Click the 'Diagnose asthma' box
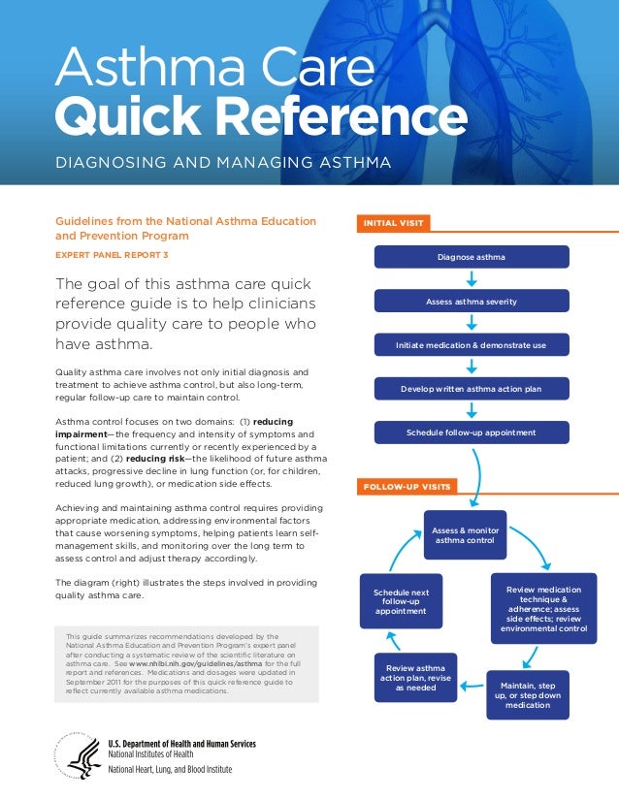pyautogui.click(x=471, y=257)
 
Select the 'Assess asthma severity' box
pyautogui.click(x=471, y=302)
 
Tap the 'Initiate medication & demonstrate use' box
pyautogui.click(x=471, y=345)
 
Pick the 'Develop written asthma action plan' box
pyautogui.click(x=471, y=389)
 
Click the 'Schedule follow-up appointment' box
pyautogui.click(x=471, y=433)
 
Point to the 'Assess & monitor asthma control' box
pyautogui.click(x=464, y=534)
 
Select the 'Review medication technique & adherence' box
pyautogui.click(x=543, y=609)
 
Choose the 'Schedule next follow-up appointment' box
pyautogui.click(x=394, y=601)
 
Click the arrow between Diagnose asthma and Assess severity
pyautogui.click(x=471, y=279)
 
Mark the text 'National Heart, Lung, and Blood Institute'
pyautogui.click(x=170, y=770)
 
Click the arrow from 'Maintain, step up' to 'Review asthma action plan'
pyautogui.click(x=472, y=685)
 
